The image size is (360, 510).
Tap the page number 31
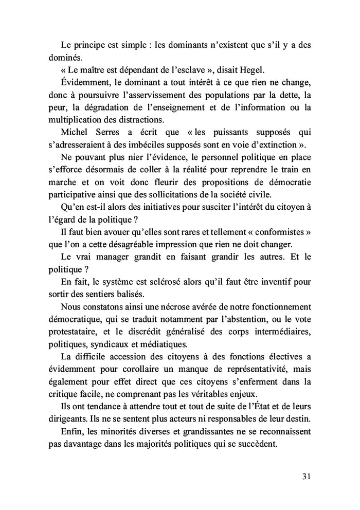click(x=305, y=476)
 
